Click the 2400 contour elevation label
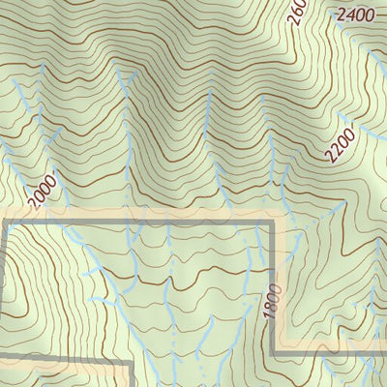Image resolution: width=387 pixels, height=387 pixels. (355, 15)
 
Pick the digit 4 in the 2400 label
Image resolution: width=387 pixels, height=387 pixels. (349, 15)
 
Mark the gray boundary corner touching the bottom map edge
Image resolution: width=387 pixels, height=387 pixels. (131, 366)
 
